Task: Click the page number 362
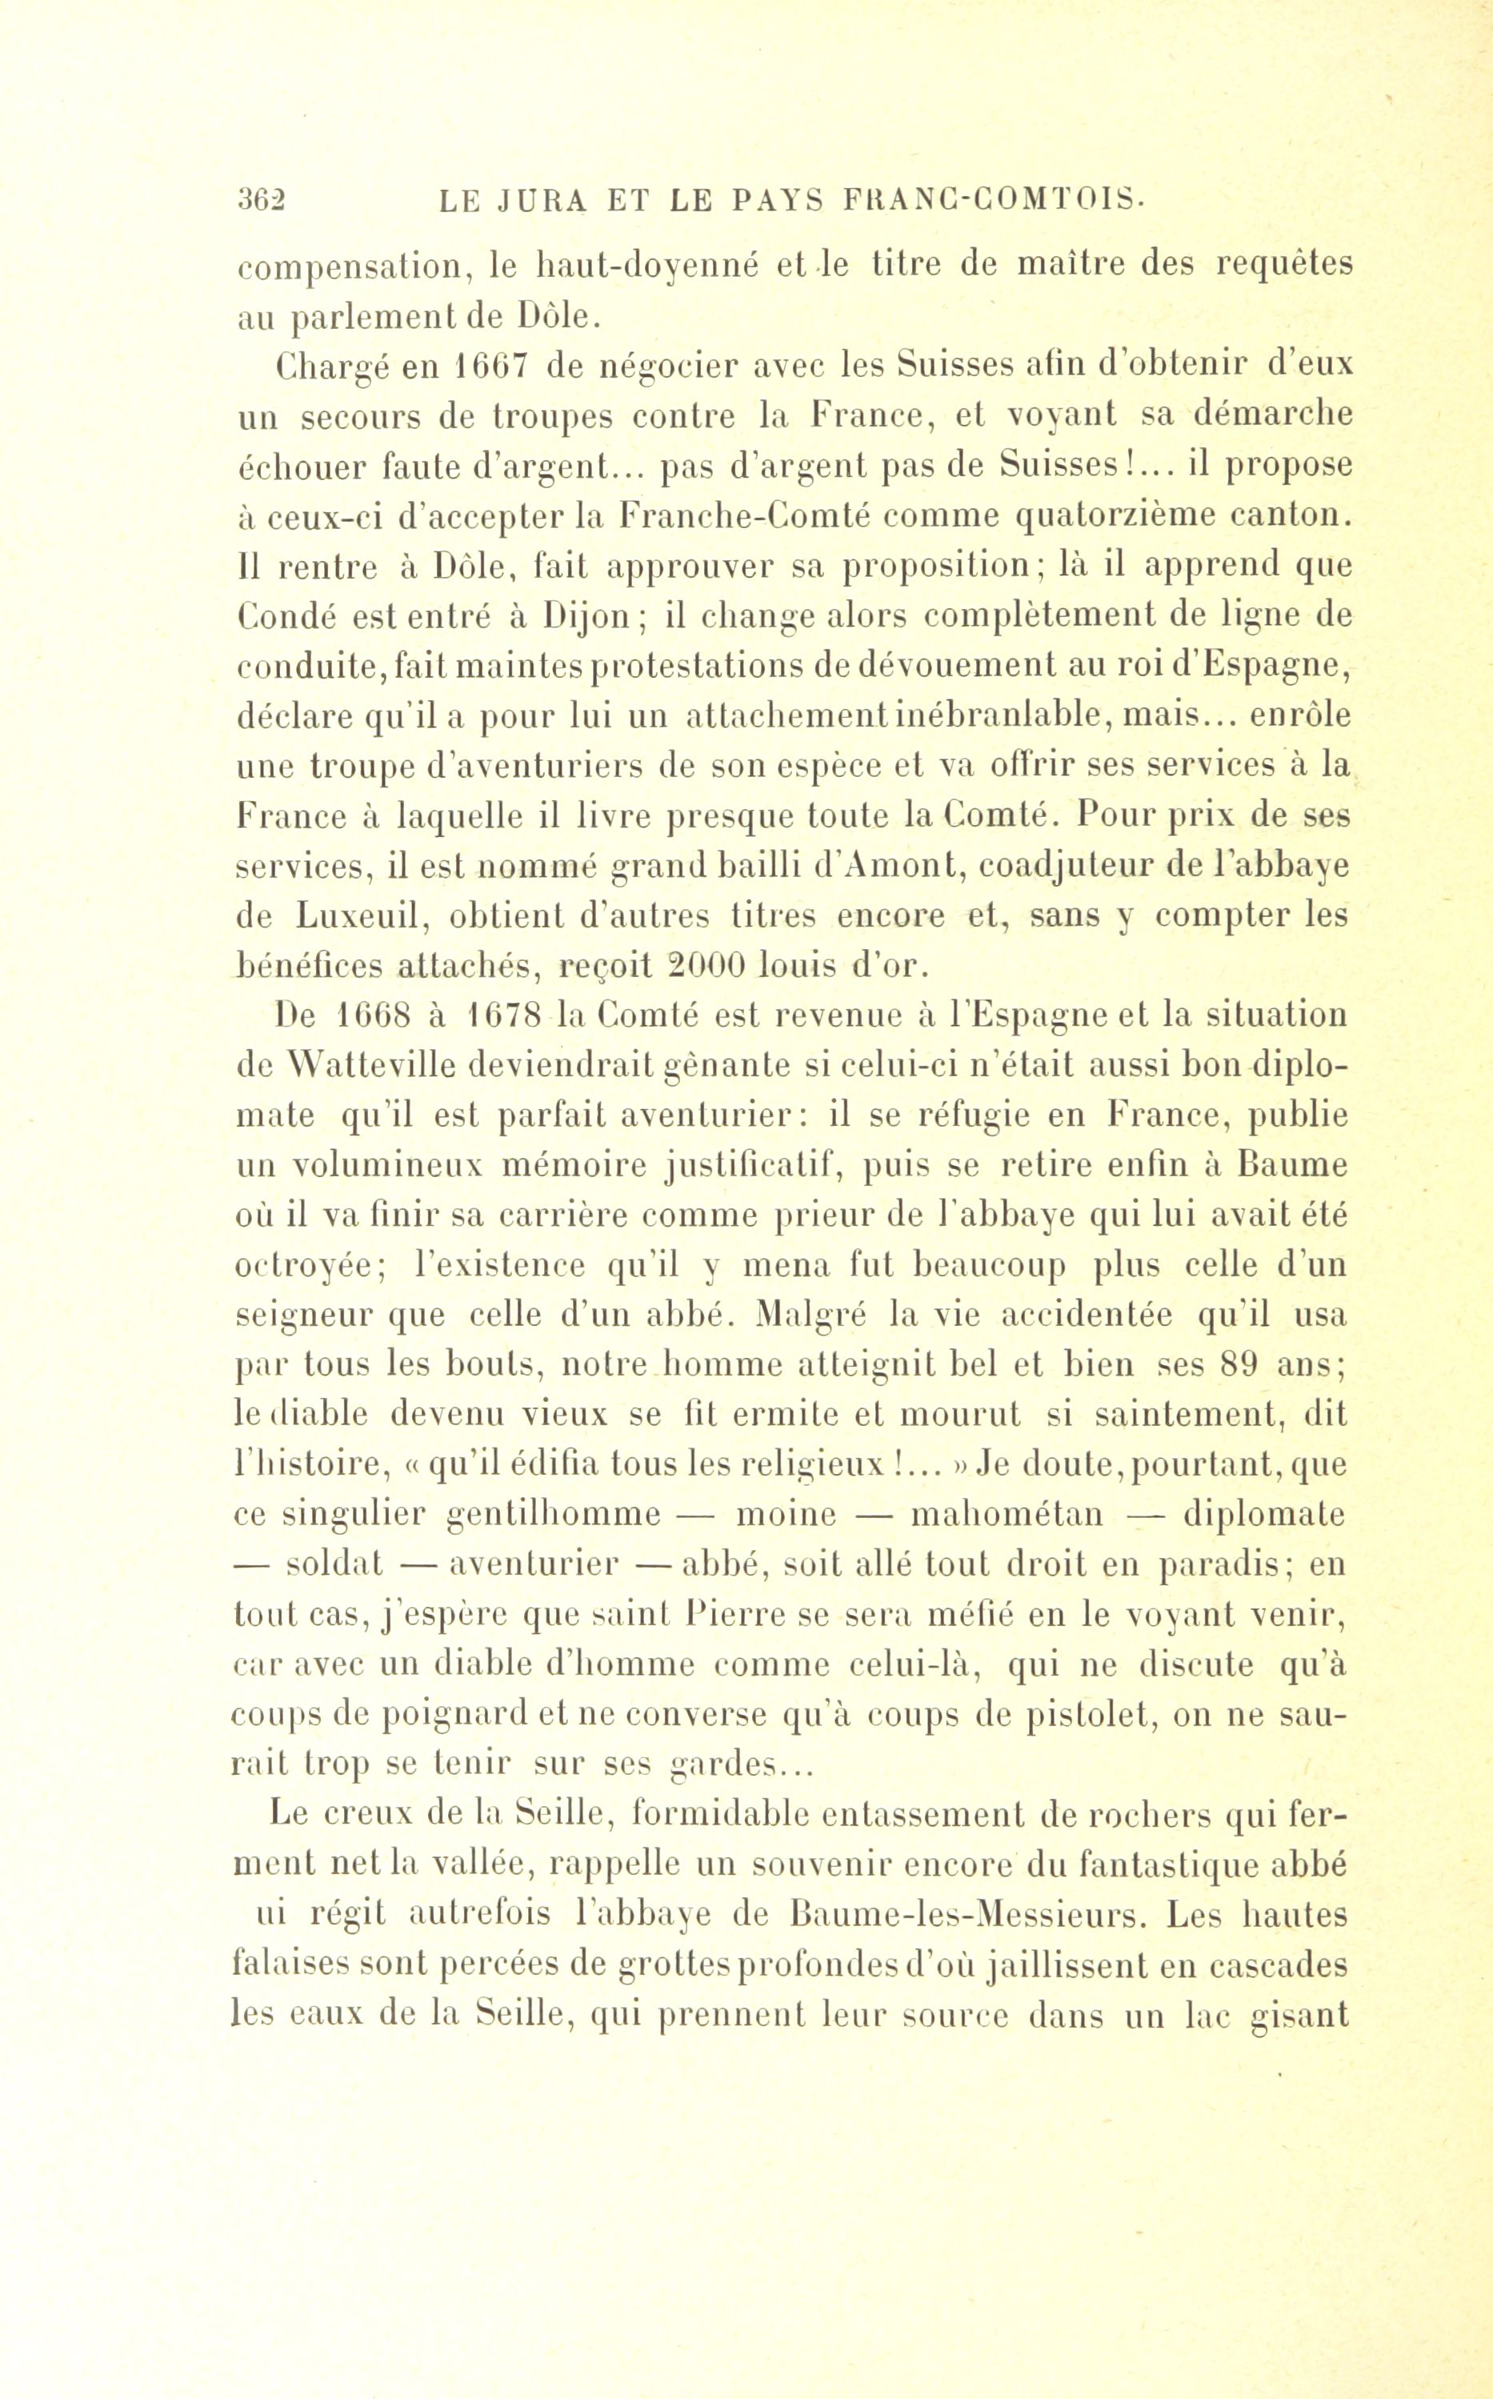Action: coord(261,202)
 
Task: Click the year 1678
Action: coord(510,1016)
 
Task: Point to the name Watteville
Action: coord(389,1066)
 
